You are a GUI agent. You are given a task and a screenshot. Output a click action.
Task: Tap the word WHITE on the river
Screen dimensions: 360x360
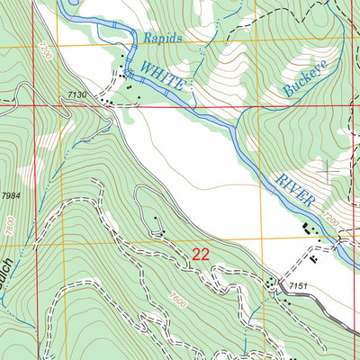tap(162, 75)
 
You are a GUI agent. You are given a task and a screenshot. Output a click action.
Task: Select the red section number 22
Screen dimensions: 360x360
tap(200, 255)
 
